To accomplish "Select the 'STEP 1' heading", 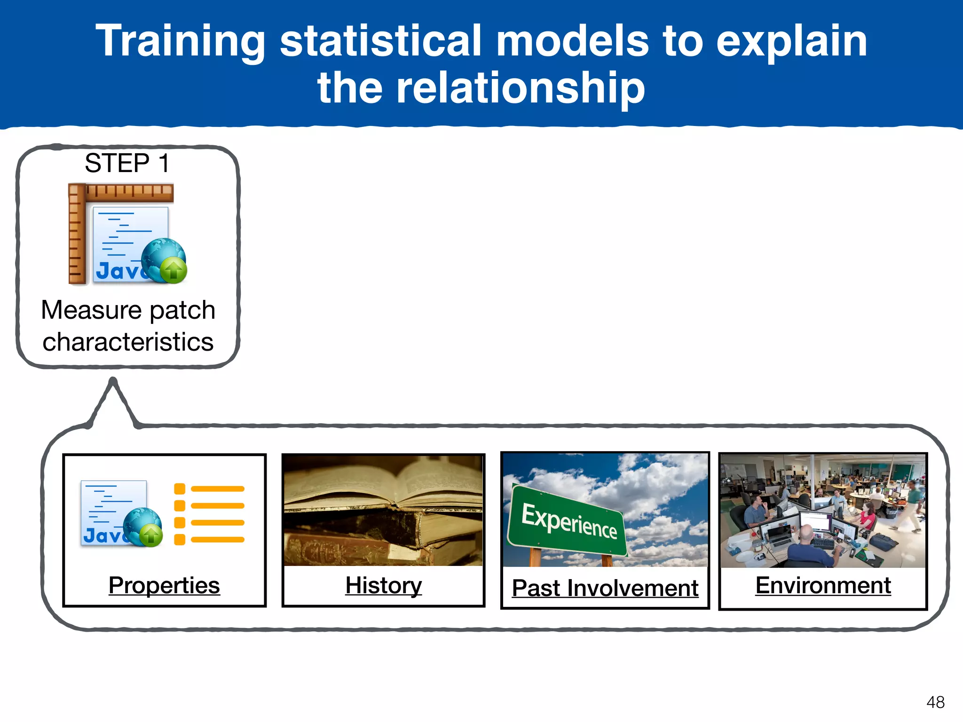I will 126,163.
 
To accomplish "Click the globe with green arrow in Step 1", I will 164,261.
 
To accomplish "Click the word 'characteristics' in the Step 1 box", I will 128,342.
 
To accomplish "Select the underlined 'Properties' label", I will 164,585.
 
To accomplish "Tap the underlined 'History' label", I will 383,585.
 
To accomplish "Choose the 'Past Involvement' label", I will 605,588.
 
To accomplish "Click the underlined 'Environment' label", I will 823,585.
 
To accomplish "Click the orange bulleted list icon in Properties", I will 209,514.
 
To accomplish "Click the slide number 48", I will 935,702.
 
